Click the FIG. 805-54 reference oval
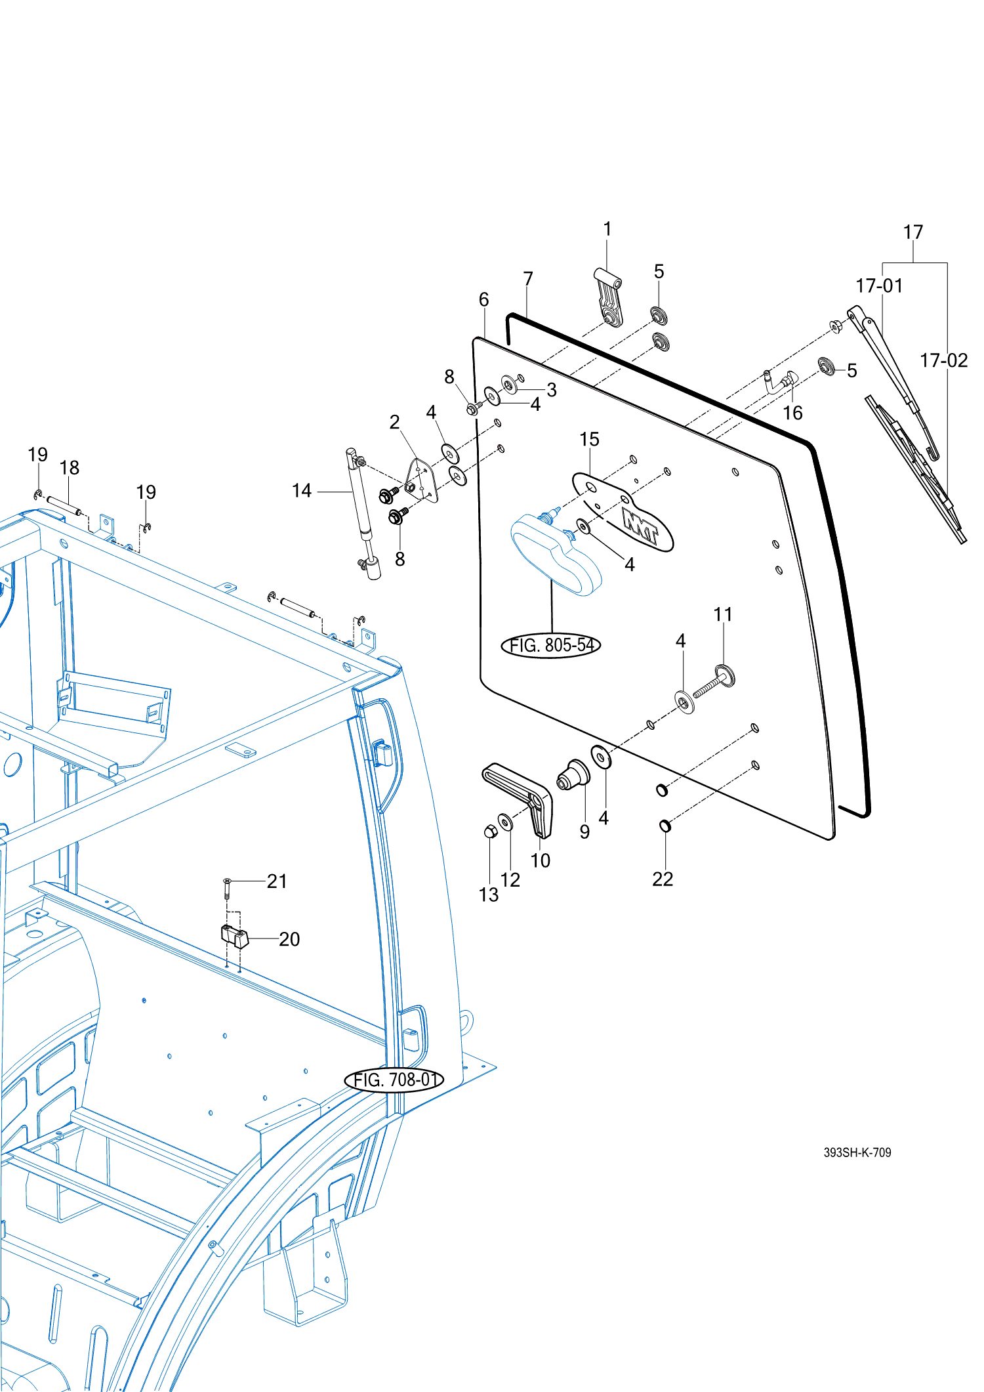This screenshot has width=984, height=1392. click(550, 645)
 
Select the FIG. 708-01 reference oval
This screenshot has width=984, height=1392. click(394, 1080)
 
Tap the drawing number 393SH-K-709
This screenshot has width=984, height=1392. click(857, 1152)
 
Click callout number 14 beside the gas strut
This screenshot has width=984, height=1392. click(301, 490)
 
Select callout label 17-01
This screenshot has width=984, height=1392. click(878, 285)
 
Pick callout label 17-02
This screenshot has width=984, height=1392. click(943, 360)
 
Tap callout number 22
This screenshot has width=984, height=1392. click(663, 879)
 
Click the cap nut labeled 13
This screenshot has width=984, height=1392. click(490, 832)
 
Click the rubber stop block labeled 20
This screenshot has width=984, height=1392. click(234, 936)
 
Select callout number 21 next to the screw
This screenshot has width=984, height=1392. click(277, 881)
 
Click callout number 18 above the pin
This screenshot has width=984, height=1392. click(69, 467)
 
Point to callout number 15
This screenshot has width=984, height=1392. click(589, 439)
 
